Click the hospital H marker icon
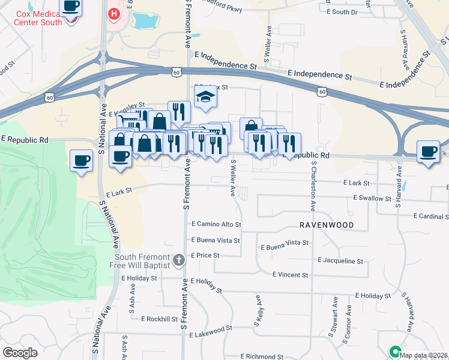[113, 13]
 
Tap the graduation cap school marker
[205, 96]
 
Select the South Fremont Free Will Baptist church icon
[178, 260]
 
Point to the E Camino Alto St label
[216, 224]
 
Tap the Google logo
[20, 353]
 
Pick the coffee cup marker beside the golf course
[82, 160]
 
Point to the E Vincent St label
[290, 275]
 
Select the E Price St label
[205, 255]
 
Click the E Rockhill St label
[160, 319]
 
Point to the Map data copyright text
[424, 355]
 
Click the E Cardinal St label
[431, 216]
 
